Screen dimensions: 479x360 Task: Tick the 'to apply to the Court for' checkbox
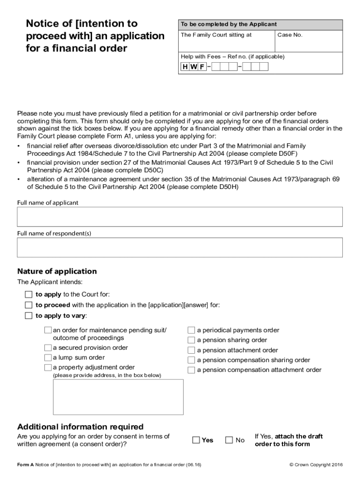29,295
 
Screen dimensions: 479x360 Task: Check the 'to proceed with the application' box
29,305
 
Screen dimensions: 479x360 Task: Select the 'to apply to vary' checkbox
29,316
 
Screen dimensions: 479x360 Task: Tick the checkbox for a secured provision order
48,348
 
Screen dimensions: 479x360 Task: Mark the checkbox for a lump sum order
48,358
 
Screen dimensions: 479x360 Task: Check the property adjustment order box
48,368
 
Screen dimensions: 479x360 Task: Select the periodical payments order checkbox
191,330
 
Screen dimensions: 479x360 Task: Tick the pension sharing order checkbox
191,340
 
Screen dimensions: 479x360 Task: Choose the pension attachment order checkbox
191,350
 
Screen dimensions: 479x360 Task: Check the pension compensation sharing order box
191,360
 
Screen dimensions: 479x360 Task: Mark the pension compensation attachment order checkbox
191,370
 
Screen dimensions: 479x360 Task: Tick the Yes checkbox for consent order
196,440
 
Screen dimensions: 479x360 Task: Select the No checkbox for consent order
229,440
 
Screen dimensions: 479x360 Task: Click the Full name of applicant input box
180,217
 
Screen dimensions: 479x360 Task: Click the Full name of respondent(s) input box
180,247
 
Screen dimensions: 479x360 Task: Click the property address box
118,397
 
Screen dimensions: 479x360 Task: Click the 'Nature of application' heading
57,271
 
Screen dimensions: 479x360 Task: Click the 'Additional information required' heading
80,427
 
